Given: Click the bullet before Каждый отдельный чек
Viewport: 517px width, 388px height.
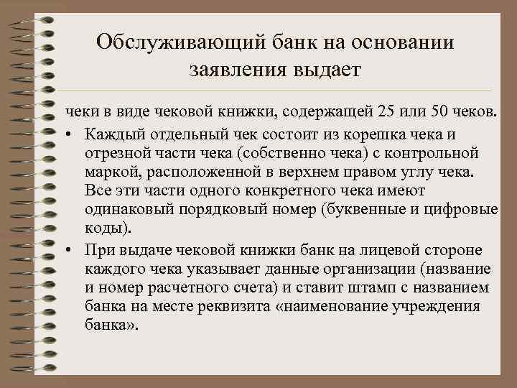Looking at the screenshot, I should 73,134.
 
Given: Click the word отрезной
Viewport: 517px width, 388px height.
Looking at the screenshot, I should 115,153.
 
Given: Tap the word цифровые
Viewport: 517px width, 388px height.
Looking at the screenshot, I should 467,211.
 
